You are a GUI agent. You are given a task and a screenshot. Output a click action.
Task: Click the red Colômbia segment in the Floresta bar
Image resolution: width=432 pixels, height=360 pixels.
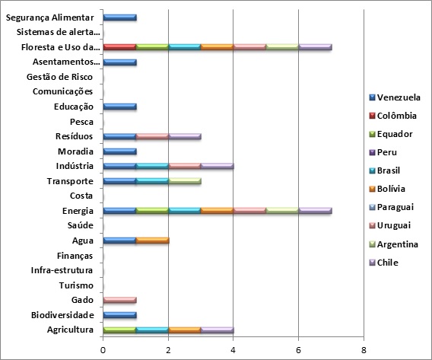pyautogui.click(x=119, y=47)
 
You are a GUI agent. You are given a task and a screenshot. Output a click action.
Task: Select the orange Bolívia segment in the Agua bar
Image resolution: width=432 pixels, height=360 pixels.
pyautogui.click(x=152, y=241)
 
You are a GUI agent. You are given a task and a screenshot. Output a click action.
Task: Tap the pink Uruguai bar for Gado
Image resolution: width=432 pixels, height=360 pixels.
pyautogui.click(x=120, y=300)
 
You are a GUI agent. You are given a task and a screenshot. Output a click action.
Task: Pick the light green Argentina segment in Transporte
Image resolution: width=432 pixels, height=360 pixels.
pyautogui.click(x=185, y=181)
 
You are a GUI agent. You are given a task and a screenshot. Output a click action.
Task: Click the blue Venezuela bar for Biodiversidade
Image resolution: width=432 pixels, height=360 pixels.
pyautogui.click(x=120, y=315)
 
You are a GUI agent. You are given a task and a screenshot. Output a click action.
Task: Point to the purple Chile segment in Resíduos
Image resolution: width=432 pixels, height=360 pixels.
pyautogui.click(x=185, y=136)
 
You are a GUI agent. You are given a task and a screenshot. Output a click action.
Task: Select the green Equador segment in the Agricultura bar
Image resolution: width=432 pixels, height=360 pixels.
pyautogui.click(x=119, y=330)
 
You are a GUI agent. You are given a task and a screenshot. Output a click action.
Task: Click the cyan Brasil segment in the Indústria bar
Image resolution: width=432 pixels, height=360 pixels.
pyautogui.click(x=152, y=166)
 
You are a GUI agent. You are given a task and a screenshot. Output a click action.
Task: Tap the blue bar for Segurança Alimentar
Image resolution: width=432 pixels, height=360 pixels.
pyautogui.click(x=120, y=18)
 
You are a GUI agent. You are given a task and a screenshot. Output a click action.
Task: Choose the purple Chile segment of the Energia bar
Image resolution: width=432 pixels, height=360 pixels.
pyautogui.click(x=315, y=211)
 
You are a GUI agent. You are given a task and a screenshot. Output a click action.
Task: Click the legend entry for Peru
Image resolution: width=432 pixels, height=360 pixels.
pyautogui.click(x=383, y=152)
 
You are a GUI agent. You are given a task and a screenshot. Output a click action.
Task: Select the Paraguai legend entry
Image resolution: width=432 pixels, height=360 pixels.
pyautogui.click(x=392, y=207)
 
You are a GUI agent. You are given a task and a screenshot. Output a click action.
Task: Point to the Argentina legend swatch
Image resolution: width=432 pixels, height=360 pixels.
pyautogui.click(x=372, y=244)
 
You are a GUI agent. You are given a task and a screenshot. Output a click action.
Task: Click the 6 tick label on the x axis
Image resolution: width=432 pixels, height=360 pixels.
pyautogui.click(x=298, y=350)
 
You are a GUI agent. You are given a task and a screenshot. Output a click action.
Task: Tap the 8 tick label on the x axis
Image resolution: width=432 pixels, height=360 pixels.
pyautogui.click(x=364, y=350)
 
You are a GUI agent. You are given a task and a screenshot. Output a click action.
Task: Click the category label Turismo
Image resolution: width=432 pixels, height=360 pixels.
pyautogui.click(x=76, y=285)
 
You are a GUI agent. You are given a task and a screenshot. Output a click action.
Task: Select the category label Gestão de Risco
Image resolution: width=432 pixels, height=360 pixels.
pyautogui.click(x=59, y=77)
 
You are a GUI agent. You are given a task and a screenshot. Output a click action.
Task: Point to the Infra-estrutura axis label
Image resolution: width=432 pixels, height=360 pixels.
pyautogui.click(x=62, y=270)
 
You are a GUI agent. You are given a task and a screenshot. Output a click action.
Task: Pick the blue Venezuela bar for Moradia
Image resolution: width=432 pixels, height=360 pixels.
pyautogui.click(x=120, y=151)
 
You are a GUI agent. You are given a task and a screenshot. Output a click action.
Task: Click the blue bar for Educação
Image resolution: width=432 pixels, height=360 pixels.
pyautogui.click(x=120, y=107)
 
